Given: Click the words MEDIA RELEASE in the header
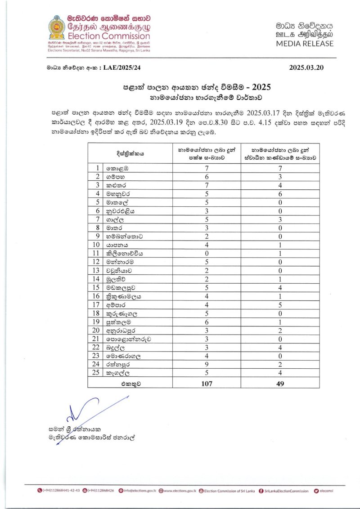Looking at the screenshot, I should click(305, 44).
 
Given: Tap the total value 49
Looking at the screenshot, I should click(280, 384).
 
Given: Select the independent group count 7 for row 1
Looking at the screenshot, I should click(280, 168).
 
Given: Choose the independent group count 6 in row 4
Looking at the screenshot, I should click(280, 193).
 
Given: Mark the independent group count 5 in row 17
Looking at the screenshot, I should click(280, 305).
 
